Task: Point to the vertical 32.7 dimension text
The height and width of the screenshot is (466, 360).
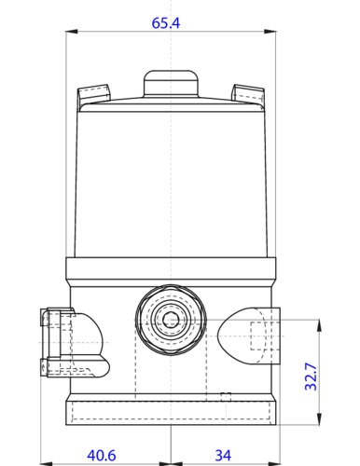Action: [313, 376]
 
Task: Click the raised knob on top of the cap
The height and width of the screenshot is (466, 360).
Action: [171, 83]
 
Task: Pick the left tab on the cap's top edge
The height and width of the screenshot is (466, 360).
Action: [90, 94]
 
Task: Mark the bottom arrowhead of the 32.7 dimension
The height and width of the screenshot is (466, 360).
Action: [318, 419]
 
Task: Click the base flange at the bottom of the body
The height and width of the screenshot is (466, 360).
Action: [171, 411]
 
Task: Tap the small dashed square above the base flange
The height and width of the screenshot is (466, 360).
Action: [225, 397]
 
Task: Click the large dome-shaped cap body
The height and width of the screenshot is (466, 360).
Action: [171, 177]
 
